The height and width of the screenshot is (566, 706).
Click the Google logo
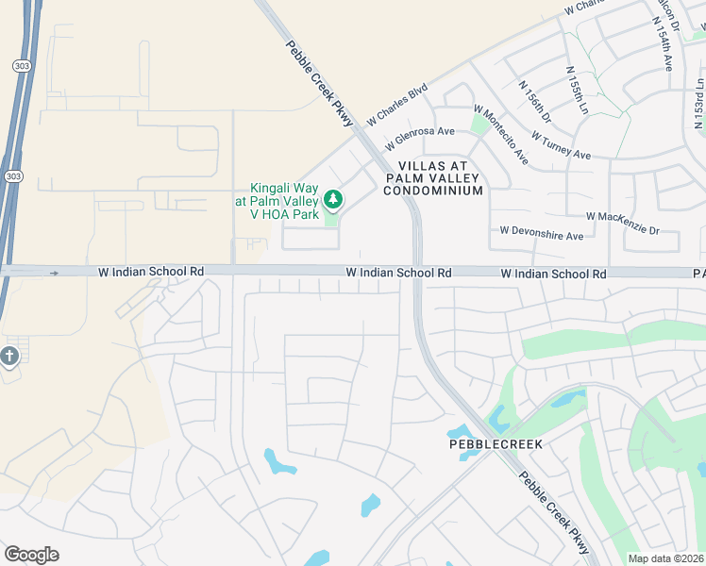[31, 554]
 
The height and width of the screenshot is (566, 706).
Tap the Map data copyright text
[666, 558]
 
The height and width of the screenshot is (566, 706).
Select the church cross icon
[9, 357]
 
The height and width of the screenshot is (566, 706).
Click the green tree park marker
[331, 199]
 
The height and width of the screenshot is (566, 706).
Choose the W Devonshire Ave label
[542, 232]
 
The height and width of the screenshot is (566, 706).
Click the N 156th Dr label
[534, 98]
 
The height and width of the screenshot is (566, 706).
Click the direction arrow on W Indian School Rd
[54, 273]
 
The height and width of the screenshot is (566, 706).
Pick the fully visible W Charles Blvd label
[397, 105]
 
